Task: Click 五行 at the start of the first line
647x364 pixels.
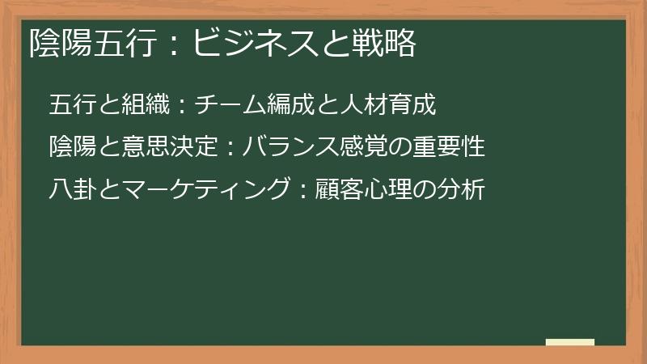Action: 70,105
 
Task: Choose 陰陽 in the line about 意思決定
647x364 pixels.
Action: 70,148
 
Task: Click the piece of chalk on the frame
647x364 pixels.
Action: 570,342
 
